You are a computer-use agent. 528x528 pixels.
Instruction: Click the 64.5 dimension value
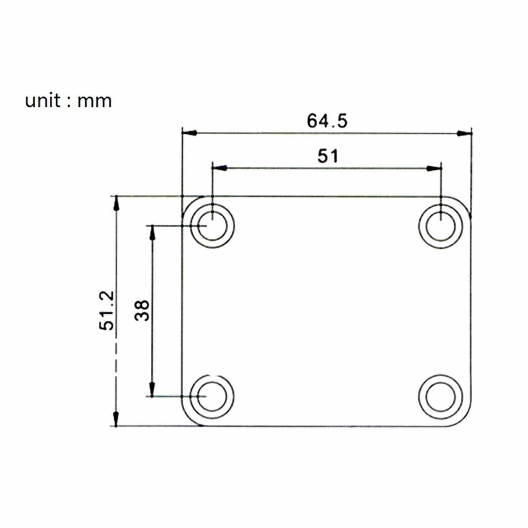pyautogui.click(x=327, y=121)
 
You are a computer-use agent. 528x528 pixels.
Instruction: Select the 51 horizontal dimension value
pyautogui.click(x=328, y=156)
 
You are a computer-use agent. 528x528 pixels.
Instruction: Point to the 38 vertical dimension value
pyautogui.click(x=142, y=310)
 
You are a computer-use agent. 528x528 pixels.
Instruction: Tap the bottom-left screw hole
pyautogui.click(x=212, y=396)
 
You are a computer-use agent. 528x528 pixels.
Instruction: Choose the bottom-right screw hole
pyautogui.click(x=441, y=396)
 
